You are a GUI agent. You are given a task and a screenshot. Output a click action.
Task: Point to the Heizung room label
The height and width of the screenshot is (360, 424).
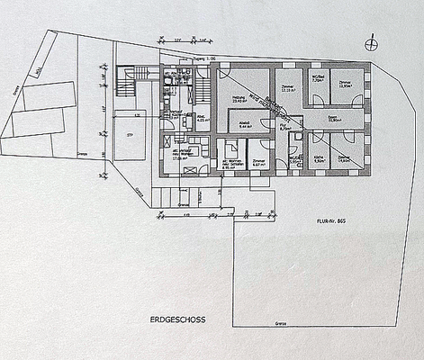(240, 100)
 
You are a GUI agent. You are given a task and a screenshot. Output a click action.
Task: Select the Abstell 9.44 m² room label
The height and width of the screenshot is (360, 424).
(246, 127)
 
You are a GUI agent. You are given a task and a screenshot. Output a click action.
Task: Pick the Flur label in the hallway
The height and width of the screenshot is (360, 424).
(284, 128)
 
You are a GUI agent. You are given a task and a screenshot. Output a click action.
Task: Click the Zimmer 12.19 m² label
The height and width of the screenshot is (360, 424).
(288, 89)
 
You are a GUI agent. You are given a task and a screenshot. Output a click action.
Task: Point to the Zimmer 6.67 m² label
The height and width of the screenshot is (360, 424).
(258, 163)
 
